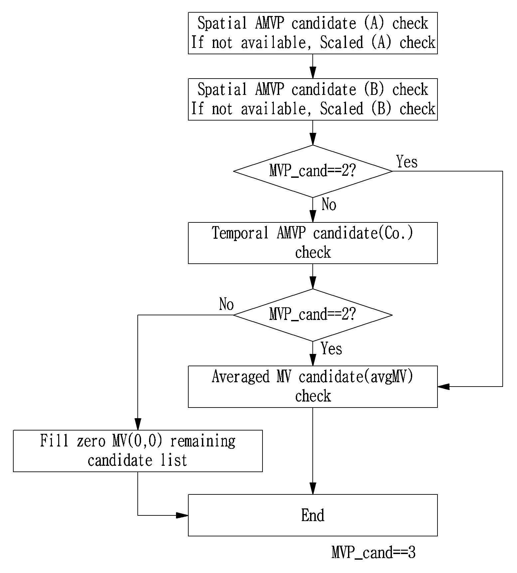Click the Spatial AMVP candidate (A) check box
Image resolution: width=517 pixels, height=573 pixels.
click(313, 33)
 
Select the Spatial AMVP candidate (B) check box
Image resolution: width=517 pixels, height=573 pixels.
click(313, 99)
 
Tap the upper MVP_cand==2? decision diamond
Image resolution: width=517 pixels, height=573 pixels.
click(313, 171)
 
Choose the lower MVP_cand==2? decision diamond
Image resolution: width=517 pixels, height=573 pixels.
click(313, 315)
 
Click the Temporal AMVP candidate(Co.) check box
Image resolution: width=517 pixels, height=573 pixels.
click(313, 243)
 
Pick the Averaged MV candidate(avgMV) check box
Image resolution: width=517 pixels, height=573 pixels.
click(313, 387)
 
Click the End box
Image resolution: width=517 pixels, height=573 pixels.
click(313, 515)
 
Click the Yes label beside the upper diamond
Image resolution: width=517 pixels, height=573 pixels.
click(407, 162)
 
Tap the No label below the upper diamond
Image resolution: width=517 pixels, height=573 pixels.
click(329, 204)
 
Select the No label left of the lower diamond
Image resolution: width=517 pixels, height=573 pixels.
click(227, 304)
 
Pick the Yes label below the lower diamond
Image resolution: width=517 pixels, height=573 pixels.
click(332, 349)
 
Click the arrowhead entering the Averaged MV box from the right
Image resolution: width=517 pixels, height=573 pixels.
click(443, 387)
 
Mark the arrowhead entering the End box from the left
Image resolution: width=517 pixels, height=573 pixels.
click(182, 515)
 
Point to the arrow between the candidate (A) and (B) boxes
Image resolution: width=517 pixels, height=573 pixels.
click(313, 66)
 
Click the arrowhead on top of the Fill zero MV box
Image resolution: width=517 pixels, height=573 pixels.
click(138, 424)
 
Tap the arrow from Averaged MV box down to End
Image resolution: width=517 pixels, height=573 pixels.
click(313, 451)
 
